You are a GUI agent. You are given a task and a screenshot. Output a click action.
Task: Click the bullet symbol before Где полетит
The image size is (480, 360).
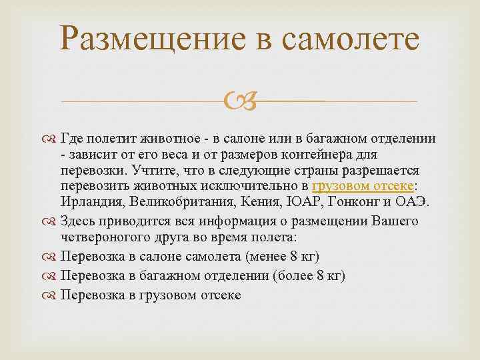click(x=51, y=139)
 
